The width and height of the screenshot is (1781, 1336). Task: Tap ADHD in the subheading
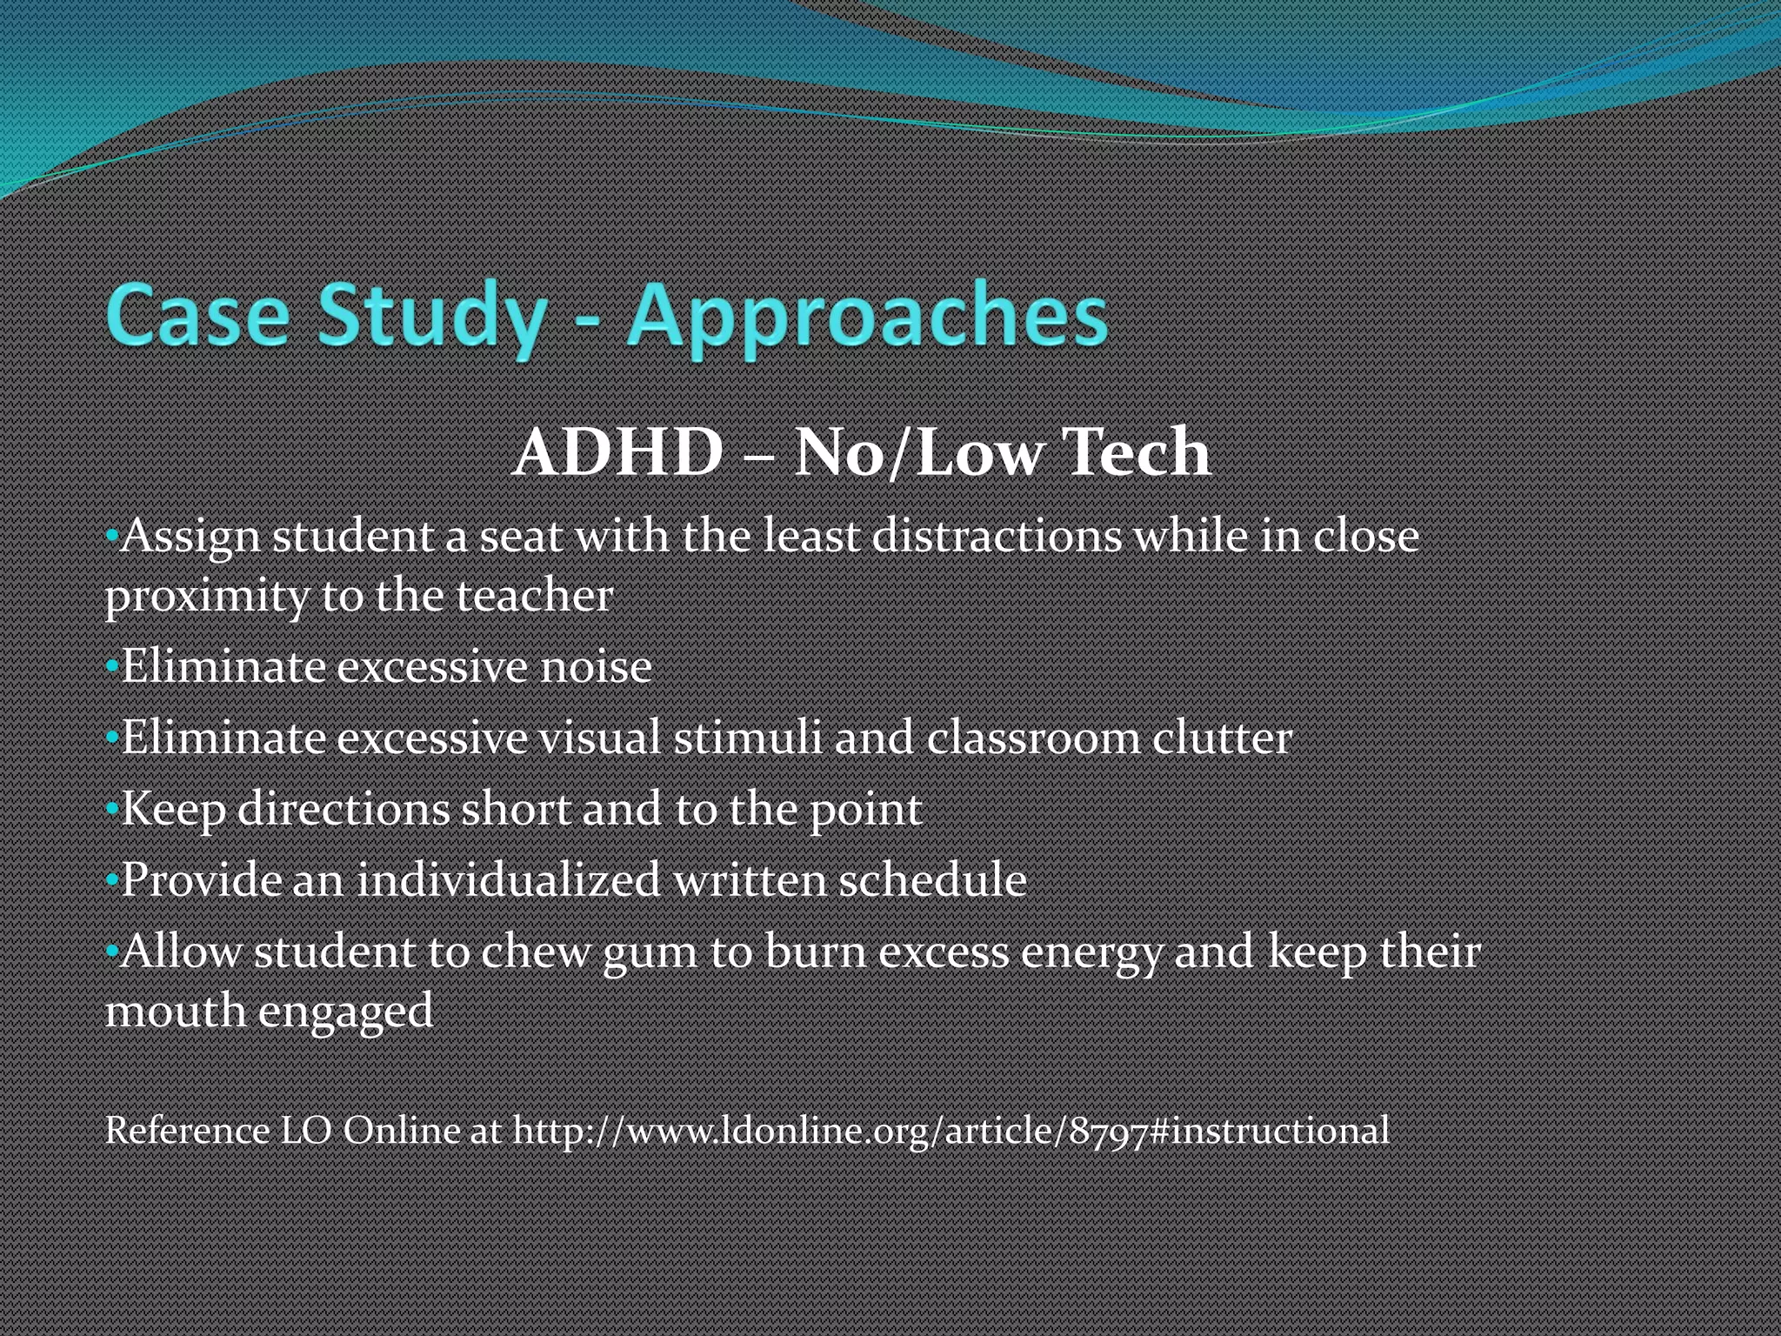618,453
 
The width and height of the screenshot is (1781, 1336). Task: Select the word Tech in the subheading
1138,453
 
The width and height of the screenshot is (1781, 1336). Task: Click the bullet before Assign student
111,537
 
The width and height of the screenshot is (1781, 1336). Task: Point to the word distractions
997,536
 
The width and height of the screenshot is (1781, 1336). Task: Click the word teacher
534,597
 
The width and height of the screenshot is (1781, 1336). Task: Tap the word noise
596,668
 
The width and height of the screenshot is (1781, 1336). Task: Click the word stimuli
747,738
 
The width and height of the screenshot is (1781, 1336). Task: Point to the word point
865,811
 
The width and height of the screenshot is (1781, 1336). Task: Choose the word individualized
509,880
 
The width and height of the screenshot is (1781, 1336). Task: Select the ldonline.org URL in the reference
951,1132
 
